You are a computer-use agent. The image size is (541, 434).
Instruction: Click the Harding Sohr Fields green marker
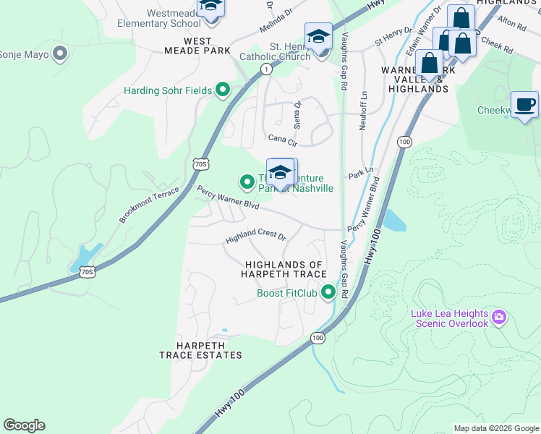click(x=223, y=90)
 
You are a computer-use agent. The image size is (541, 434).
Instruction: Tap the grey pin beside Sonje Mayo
click(x=60, y=54)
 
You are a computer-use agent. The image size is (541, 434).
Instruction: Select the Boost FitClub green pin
click(x=328, y=293)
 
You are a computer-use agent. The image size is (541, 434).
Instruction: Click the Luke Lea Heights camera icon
click(x=498, y=317)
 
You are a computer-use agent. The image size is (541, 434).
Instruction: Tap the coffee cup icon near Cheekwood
click(x=524, y=104)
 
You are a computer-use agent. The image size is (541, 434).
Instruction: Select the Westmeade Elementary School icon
click(x=211, y=7)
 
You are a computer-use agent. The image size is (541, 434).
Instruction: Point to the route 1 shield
click(x=267, y=69)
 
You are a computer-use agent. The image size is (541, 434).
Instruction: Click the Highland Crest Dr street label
click(x=256, y=237)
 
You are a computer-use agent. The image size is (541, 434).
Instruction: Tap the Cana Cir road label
click(x=281, y=137)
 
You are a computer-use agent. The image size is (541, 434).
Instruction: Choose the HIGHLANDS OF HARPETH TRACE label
click(x=285, y=269)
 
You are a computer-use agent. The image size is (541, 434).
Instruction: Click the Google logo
click(x=24, y=425)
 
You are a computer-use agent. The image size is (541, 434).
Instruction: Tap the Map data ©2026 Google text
click(x=495, y=428)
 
